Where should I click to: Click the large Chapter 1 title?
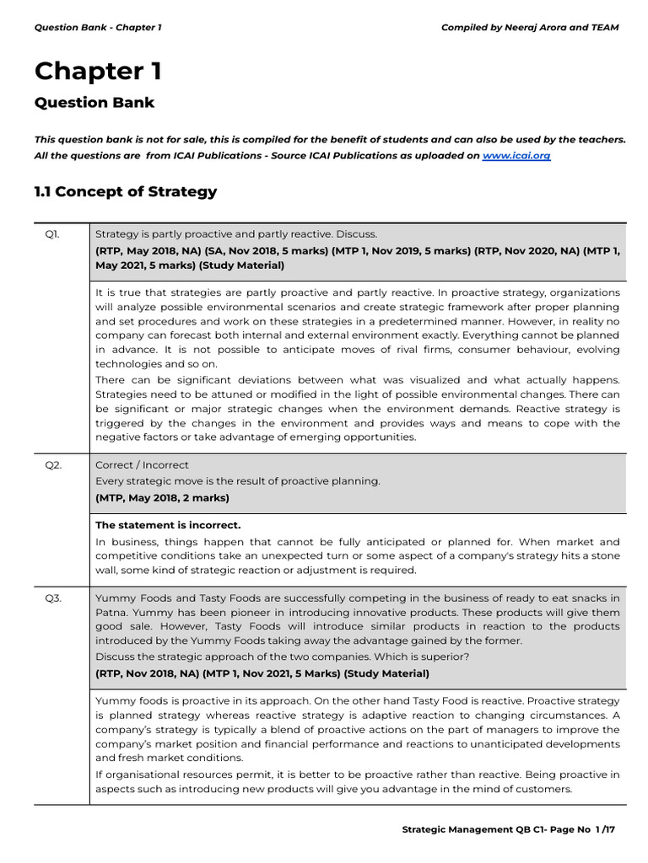click(97, 72)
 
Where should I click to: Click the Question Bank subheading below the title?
click(94, 103)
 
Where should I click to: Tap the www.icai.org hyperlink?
click(516, 156)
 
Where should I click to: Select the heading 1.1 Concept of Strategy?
click(125, 191)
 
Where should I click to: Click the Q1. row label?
click(52, 233)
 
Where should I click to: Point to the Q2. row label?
click(52, 464)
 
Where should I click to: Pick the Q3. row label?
click(52, 598)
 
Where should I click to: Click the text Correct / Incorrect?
click(142, 464)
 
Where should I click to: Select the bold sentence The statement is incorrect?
click(168, 525)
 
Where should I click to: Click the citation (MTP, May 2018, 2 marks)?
click(162, 497)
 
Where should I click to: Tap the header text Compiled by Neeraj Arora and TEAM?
click(529, 27)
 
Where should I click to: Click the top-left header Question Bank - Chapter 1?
click(97, 27)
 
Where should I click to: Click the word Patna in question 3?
click(111, 613)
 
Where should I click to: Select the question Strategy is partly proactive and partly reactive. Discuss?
click(236, 233)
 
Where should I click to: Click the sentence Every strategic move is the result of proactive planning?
click(238, 480)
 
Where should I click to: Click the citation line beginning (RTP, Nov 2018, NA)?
click(262, 673)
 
